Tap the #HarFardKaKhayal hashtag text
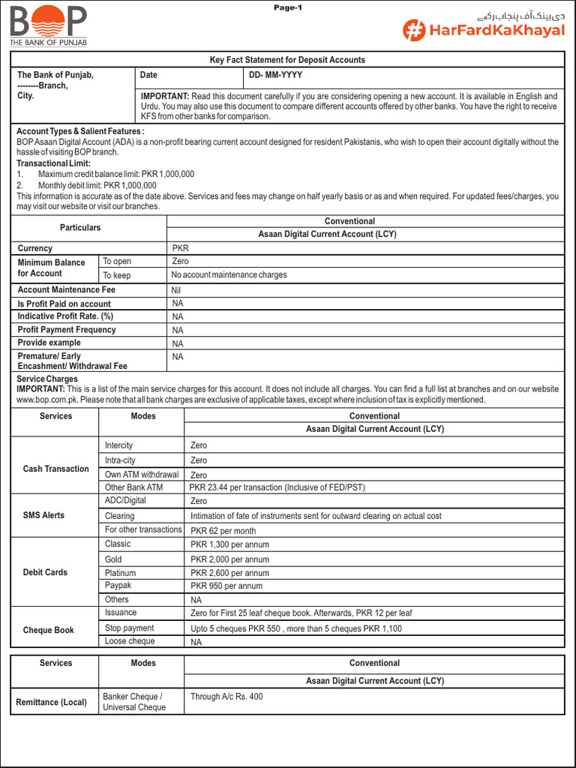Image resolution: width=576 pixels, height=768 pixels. tap(484, 31)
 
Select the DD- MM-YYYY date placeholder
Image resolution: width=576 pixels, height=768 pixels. tap(276, 75)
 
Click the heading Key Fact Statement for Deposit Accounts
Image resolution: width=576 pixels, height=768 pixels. tap(287, 60)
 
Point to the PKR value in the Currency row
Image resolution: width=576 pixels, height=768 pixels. tap(180, 248)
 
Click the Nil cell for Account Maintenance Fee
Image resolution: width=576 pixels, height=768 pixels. tap(177, 290)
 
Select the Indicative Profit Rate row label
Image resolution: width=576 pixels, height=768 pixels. tap(65, 316)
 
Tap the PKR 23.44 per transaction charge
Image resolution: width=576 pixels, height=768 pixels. tap(277, 487)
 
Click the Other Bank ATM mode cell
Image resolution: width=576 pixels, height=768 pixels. tap(133, 487)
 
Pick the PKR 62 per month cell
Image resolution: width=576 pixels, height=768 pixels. tap(223, 530)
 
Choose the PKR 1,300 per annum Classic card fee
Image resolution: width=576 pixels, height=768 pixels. tap(229, 544)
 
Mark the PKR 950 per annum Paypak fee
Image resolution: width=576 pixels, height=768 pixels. tap(226, 586)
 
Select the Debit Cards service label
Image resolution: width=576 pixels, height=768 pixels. tap(45, 572)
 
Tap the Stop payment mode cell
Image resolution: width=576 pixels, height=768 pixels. tap(130, 628)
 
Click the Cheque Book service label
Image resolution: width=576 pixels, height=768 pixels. tap(49, 630)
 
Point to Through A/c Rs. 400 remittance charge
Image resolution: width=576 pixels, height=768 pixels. tap(226, 697)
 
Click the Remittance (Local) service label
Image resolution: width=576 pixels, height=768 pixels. tap(51, 703)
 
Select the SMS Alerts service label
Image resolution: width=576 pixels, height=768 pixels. tap(43, 515)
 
